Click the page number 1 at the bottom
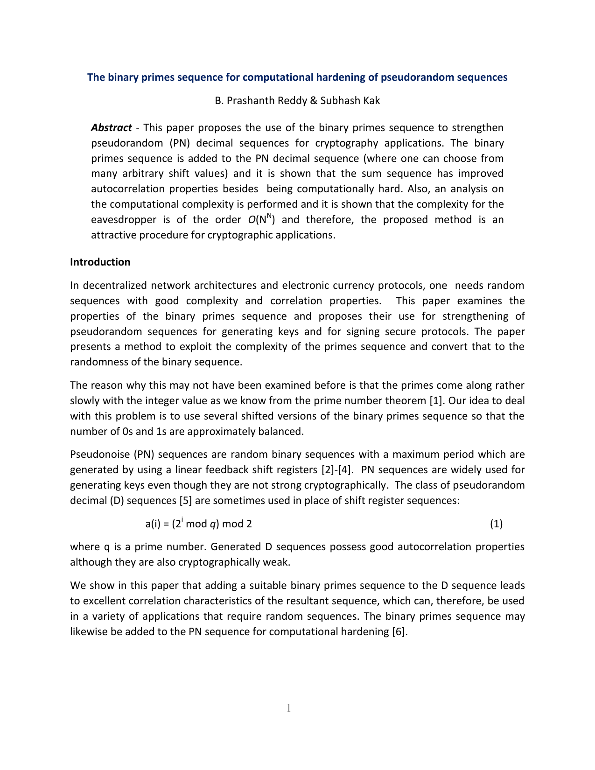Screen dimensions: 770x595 [288, 708]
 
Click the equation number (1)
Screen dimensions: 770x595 [496, 524]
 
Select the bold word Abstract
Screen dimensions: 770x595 [111, 128]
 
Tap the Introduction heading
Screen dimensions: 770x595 [100, 262]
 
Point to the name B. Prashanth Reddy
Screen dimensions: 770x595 [254, 101]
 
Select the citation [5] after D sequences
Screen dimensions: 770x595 [184, 501]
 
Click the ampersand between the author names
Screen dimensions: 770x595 [313, 101]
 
